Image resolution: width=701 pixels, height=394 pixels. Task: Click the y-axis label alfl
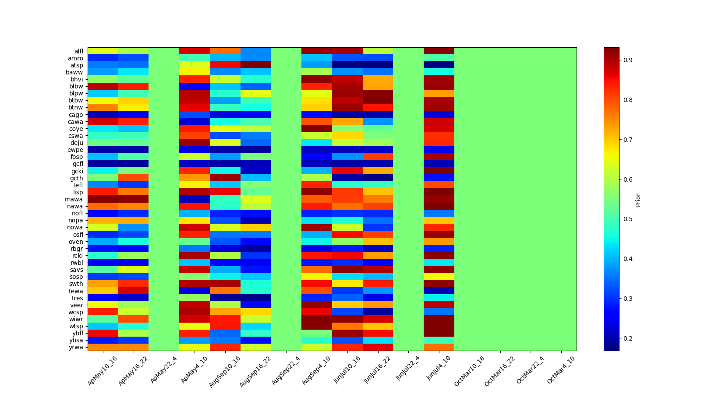[x=78, y=51]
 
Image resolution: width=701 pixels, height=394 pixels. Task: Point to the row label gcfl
[x=78, y=164]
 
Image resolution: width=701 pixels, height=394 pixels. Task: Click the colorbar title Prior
[x=638, y=199]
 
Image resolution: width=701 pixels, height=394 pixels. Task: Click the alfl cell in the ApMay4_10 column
[x=195, y=51]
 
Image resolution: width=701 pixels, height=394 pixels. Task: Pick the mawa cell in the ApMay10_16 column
[x=103, y=199]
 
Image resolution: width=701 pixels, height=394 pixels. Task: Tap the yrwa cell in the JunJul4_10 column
[x=439, y=347]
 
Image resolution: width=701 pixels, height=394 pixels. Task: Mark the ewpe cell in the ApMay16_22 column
[x=133, y=150]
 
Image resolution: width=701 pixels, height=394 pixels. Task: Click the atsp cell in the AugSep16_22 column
[x=255, y=65]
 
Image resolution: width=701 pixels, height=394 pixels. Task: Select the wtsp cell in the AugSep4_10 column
[x=317, y=326]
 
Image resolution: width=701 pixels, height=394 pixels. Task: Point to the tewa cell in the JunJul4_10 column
[x=439, y=291]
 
